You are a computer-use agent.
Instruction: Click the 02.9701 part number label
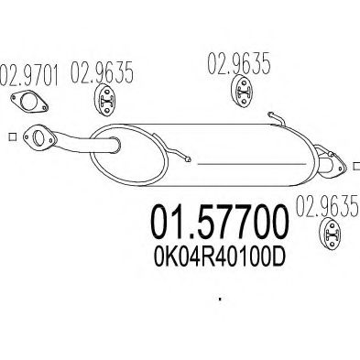pyautogui.click(x=29, y=74)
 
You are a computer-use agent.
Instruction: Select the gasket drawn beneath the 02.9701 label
pyautogui.click(x=29, y=101)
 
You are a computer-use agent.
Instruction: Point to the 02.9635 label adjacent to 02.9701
pyautogui.click(x=102, y=72)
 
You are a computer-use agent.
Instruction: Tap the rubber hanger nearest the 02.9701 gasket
pyautogui.click(x=105, y=101)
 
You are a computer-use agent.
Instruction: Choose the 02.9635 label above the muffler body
pyautogui.click(x=239, y=63)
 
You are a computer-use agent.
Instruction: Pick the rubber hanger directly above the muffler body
pyautogui.click(x=243, y=92)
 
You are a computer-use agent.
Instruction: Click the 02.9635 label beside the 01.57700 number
pyautogui.click(x=327, y=206)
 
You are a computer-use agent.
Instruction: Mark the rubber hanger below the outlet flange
pyautogui.click(x=330, y=234)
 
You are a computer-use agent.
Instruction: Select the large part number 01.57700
pyautogui.click(x=220, y=222)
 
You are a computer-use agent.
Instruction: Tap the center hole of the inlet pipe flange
pyautogui.click(x=38, y=139)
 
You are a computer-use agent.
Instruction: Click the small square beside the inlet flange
pyautogui.click(x=12, y=136)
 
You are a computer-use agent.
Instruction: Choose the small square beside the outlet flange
pyautogui.click(x=356, y=166)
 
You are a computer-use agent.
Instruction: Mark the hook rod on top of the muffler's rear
pyautogui.click(x=277, y=119)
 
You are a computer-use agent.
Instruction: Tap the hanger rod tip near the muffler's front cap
pyautogui.click(x=188, y=159)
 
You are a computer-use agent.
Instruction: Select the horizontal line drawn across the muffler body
pyautogui.click(x=252, y=164)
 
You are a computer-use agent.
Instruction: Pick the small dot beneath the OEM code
pyautogui.click(x=220, y=300)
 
